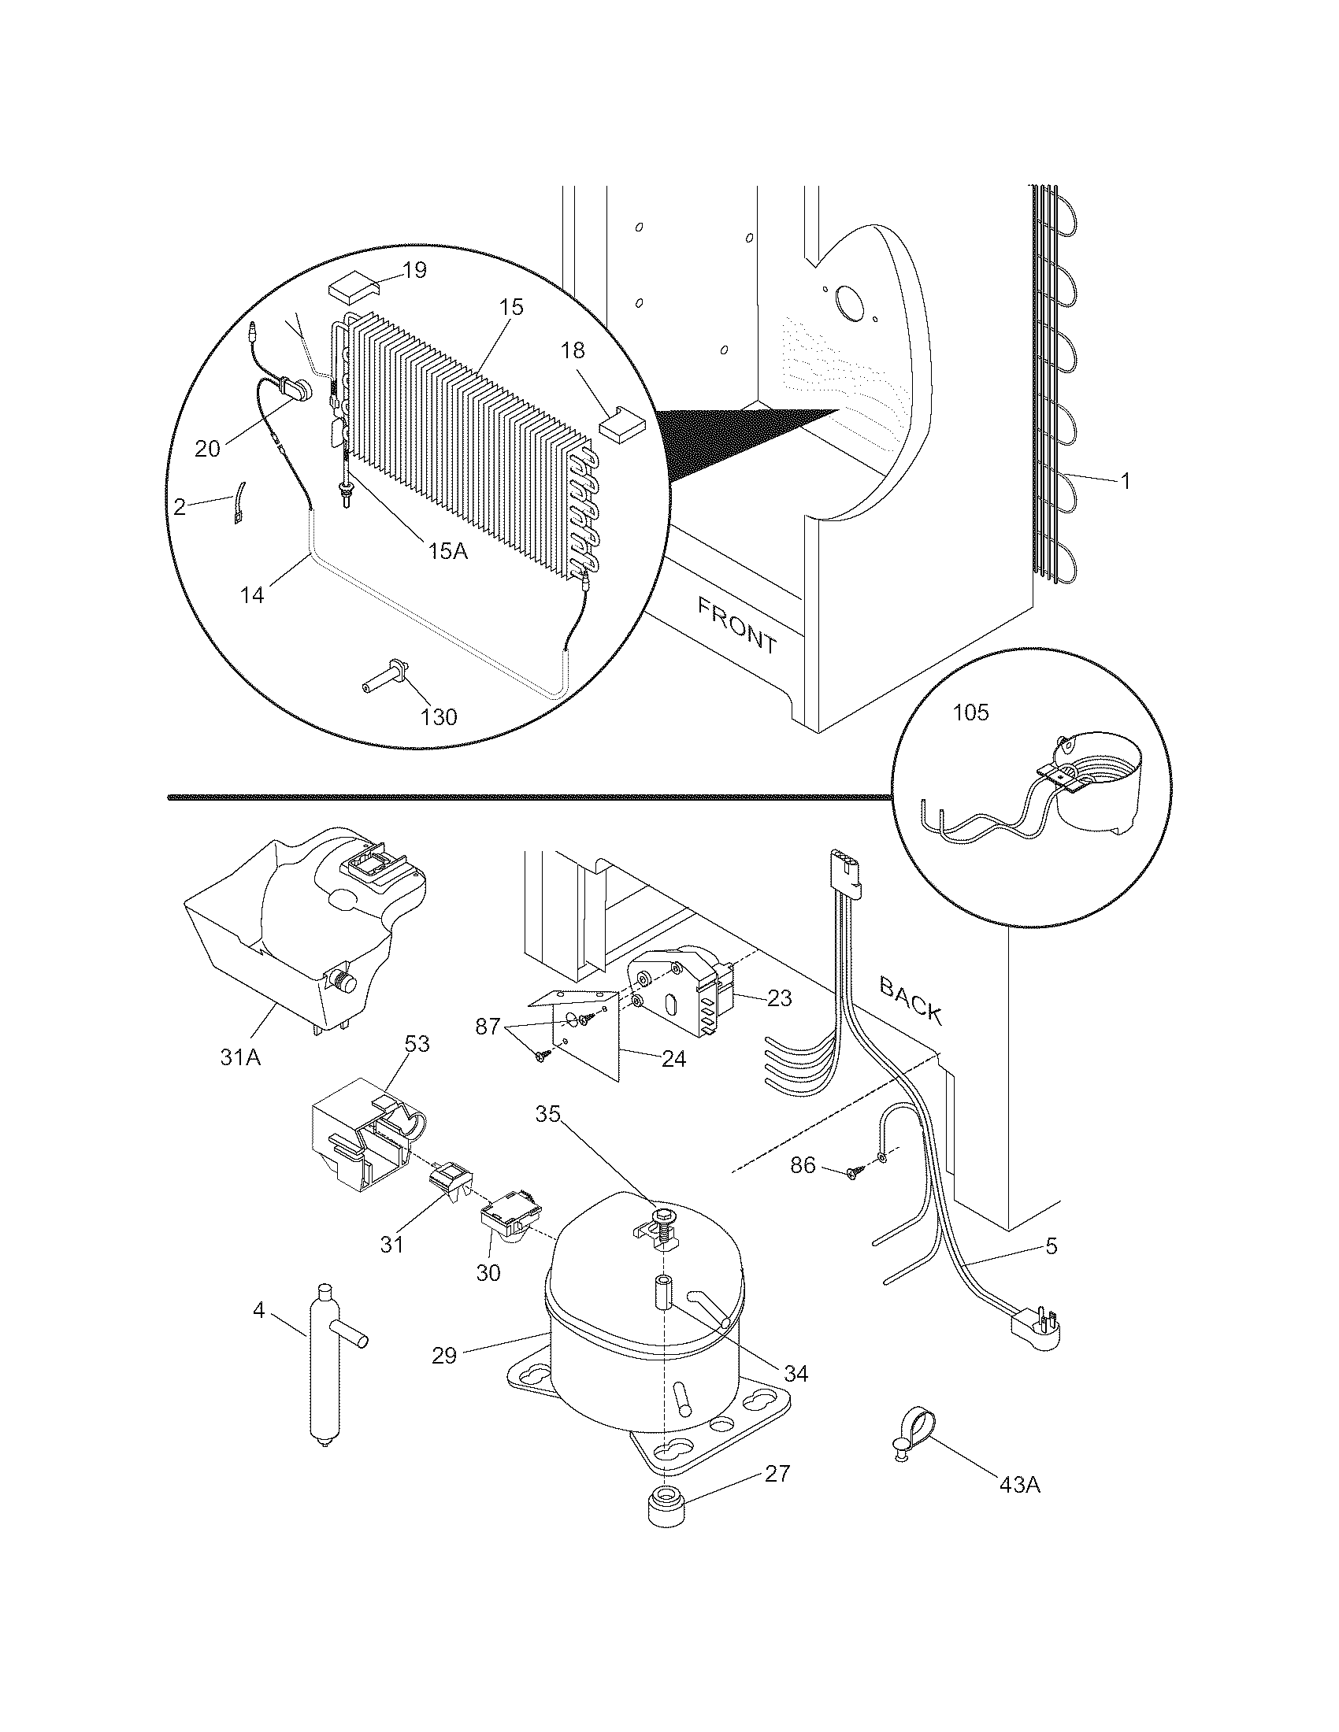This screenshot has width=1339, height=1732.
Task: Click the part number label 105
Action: [970, 713]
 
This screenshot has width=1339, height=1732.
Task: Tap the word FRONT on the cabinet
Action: [737, 625]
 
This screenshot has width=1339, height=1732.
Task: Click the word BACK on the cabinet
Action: [911, 1001]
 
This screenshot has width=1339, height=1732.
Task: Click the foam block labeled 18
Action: [622, 424]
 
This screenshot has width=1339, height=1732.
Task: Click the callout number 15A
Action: [448, 550]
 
